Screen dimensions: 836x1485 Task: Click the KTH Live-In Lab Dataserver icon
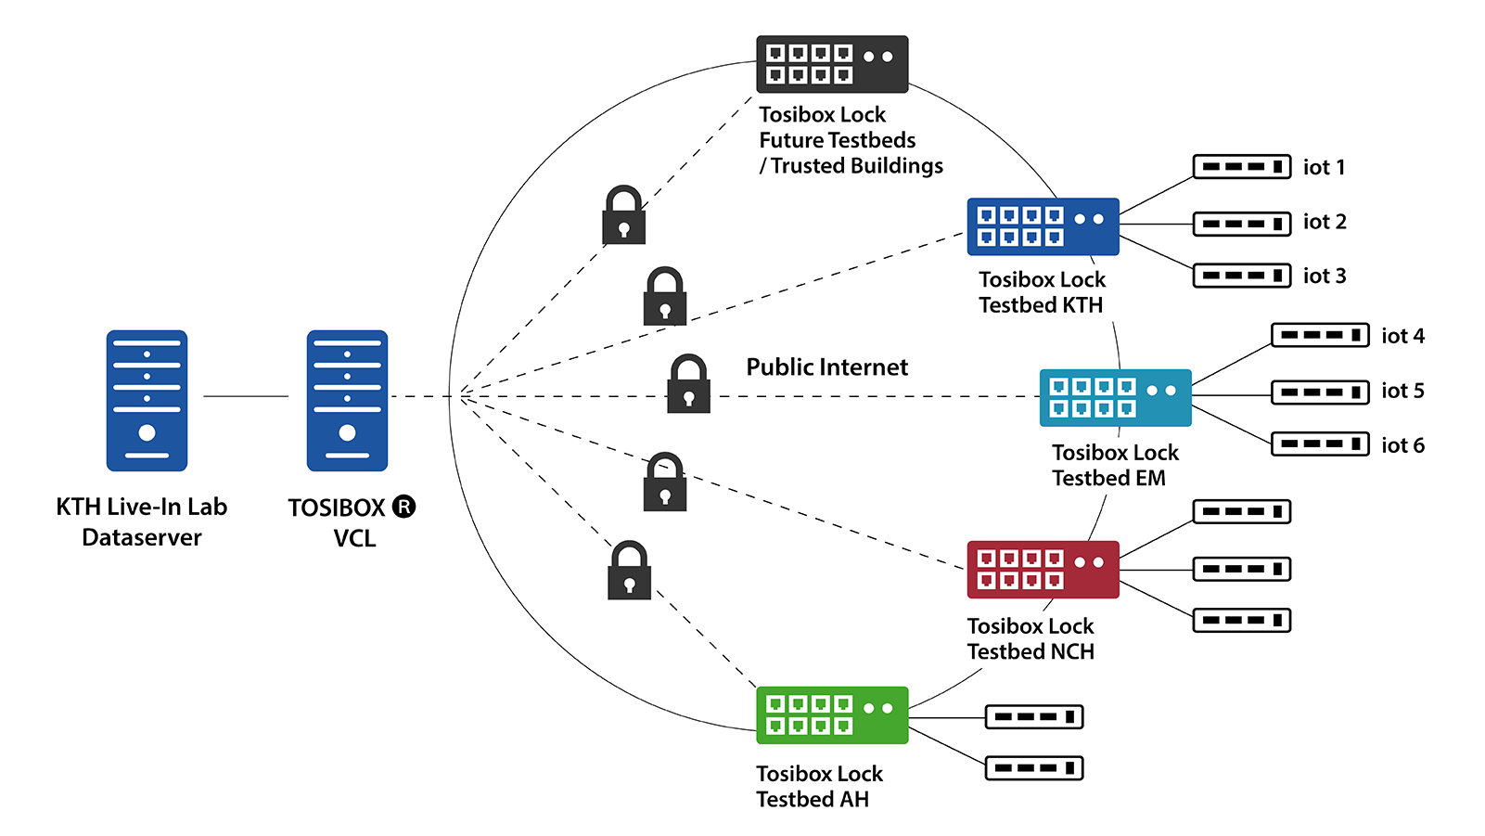[x=147, y=401]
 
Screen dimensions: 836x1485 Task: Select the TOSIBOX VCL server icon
[x=347, y=401]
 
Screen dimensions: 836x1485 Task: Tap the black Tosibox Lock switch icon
[x=832, y=64]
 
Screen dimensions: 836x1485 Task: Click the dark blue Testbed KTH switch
[x=1043, y=226]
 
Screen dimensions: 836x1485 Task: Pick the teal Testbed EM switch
[x=1115, y=398]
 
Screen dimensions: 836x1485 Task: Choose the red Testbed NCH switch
[x=1043, y=570]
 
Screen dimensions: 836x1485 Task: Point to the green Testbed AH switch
[x=832, y=715]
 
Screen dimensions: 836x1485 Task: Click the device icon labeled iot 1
[x=1241, y=167]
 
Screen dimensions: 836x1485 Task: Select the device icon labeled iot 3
[x=1241, y=276]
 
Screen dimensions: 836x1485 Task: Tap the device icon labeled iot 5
[x=1319, y=392]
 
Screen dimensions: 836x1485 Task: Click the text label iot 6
[x=1402, y=446]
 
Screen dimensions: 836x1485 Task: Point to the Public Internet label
[x=826, y=367]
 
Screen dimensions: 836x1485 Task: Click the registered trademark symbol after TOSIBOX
[x=403, y=507]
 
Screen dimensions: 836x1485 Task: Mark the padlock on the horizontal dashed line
[x=688, y=384]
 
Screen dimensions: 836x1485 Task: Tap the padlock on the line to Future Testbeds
[x=623, y=215]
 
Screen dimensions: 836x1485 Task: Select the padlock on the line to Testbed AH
[x=629, y=571]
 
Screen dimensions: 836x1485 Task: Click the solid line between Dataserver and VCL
[x=246, y=397]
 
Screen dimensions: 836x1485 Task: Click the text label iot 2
[x=1324, y=222]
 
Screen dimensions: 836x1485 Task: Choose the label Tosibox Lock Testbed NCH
[x=1031, y=639]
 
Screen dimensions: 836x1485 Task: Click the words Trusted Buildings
[x=856, y=166]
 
